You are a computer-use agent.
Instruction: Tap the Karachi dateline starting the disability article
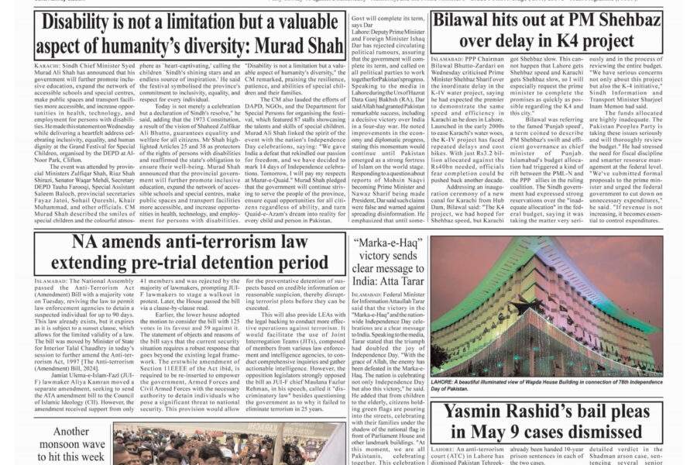point(47,68)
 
